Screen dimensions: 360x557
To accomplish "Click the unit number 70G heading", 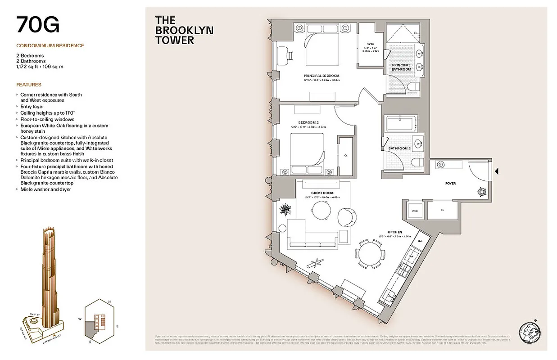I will click(38, 25).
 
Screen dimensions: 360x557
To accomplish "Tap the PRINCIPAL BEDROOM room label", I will click(322, 76).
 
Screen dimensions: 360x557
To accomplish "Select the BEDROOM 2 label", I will click(308, 122).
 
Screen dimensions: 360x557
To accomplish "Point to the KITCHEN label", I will click(394, 232).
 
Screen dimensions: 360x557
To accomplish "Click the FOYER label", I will click(450, 184).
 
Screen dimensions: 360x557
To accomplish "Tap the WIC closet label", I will click(371, 44).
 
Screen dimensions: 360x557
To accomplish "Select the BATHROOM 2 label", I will click(400, 148).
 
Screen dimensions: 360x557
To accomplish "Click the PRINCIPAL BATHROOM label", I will click(401, 67).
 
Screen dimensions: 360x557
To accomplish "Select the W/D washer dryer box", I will click(415, 210).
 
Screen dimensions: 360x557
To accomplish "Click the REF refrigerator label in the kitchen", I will click(420, 241).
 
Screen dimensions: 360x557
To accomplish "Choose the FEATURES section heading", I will click(29, 85).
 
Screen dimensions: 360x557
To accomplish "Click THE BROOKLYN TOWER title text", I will click(184, 30).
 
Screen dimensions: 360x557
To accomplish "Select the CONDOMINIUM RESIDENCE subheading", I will click(50, 45).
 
